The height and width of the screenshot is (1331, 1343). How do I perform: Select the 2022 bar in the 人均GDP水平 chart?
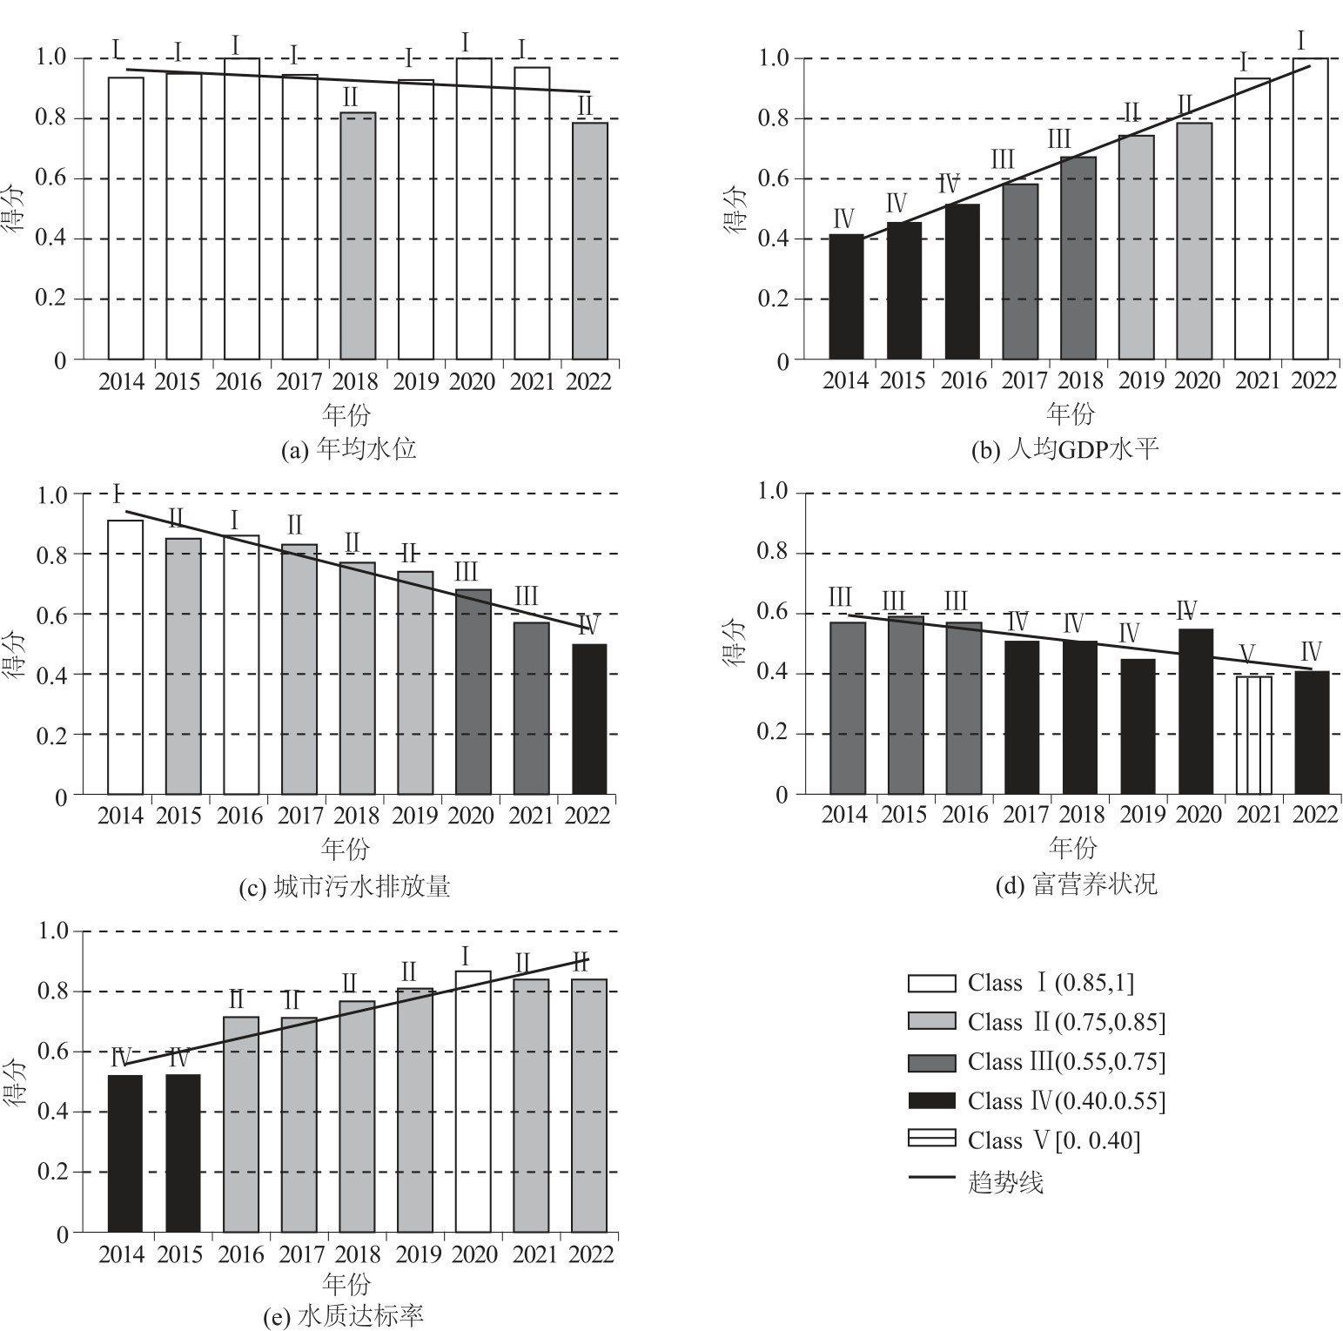click(1310, 209)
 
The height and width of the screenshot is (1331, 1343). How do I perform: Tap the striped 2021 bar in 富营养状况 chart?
click(1253, 735)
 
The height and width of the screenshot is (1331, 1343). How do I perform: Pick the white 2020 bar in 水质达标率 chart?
click(473, 1101)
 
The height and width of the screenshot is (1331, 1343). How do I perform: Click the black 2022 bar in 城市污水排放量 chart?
click(589, 719)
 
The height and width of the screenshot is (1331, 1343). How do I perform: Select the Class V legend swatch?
click(931, 1139)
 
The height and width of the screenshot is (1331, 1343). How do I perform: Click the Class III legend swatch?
click(931, 1062)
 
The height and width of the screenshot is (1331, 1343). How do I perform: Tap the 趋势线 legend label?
click(1005, 1182)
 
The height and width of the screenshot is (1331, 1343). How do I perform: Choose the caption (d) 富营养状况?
click(1077, 885)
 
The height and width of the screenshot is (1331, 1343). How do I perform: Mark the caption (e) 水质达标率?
click(344, 1315)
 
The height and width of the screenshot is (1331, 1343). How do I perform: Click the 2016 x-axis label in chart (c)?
click(239, 817)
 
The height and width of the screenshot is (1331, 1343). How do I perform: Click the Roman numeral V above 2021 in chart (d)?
click(1246, 654)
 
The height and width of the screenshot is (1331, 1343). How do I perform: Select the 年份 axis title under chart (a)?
click(346, 413)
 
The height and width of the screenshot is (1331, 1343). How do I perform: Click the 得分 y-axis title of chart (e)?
click(17, 1082)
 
